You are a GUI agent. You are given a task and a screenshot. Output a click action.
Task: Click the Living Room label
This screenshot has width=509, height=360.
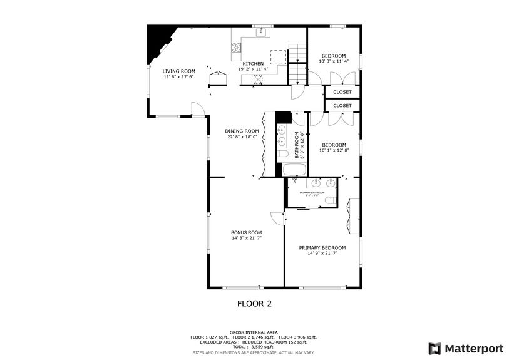coord(179,71)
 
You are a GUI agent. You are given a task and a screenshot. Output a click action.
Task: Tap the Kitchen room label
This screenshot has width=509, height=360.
coord(253,64)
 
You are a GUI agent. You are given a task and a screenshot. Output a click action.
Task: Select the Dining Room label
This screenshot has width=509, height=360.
coord(242,131)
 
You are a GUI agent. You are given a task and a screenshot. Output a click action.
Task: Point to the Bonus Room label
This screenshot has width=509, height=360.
coord(246,232)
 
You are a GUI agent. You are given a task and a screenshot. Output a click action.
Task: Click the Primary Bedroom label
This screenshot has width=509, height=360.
coord(322,248)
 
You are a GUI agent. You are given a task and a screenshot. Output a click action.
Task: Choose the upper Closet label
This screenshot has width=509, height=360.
coord(342,92)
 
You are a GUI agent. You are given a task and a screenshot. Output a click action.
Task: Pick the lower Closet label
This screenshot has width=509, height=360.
coord(342,106)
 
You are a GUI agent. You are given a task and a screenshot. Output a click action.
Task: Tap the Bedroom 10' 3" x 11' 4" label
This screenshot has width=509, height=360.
coord(333,56)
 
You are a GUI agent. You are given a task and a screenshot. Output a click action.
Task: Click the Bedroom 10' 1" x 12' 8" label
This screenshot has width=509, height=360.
coord(334,145)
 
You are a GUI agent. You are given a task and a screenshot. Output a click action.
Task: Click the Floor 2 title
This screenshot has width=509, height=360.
coord(254,304)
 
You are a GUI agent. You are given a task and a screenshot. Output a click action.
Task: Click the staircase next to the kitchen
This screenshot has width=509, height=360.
coord(297,64)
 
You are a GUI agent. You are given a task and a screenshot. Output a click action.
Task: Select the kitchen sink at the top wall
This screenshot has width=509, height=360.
coord(264,32)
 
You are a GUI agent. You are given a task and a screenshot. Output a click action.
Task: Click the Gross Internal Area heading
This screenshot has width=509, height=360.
coord(254,332)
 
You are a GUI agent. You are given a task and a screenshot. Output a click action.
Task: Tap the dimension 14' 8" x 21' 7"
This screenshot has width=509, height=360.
coord(246,238)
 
